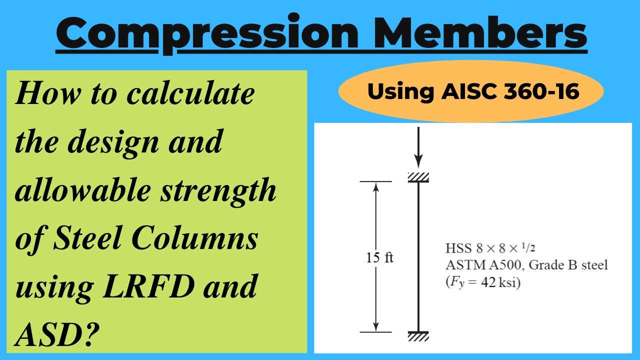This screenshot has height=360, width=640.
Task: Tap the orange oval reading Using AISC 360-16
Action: (470, 92)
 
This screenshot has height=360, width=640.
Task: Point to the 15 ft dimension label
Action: (379, 258)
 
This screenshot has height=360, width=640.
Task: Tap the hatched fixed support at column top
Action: (418, 177)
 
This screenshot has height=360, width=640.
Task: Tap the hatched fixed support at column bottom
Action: (418, 336)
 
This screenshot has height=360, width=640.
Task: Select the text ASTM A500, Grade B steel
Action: (526, 265)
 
